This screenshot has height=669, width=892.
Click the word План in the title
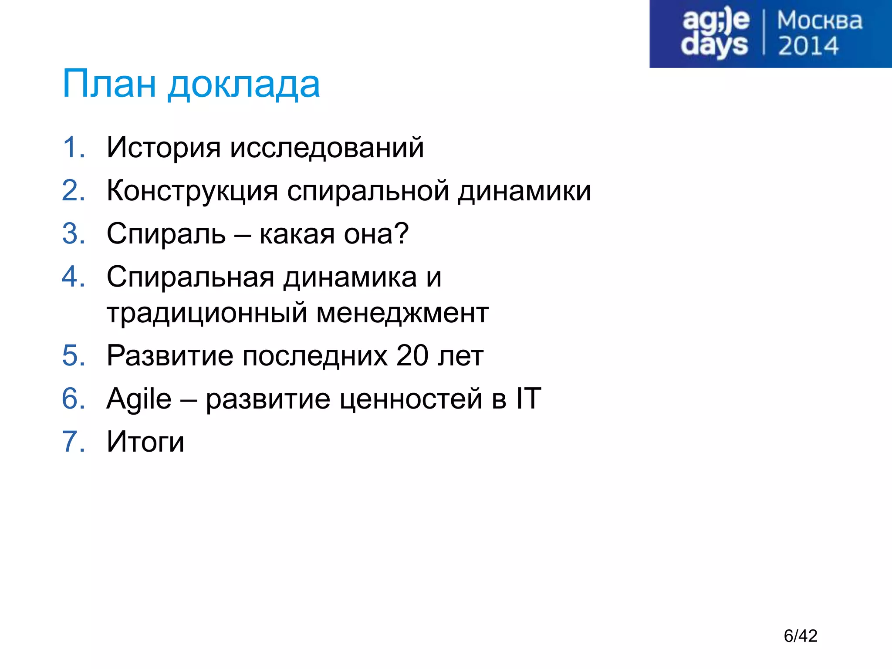pos(109,84)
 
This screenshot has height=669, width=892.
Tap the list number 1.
pos(72,147)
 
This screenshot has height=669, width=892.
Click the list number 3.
pos(73,234)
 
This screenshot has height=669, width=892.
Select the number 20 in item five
pos(412,356)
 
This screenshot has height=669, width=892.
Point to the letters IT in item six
pos(528,399)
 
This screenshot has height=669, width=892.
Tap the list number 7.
pos(73,442)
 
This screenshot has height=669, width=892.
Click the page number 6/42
pos(800,636)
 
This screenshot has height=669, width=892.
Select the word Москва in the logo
pos(819,21)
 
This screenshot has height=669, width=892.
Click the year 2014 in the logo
pos(808,46)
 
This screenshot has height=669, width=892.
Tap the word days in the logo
pos(714,45)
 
